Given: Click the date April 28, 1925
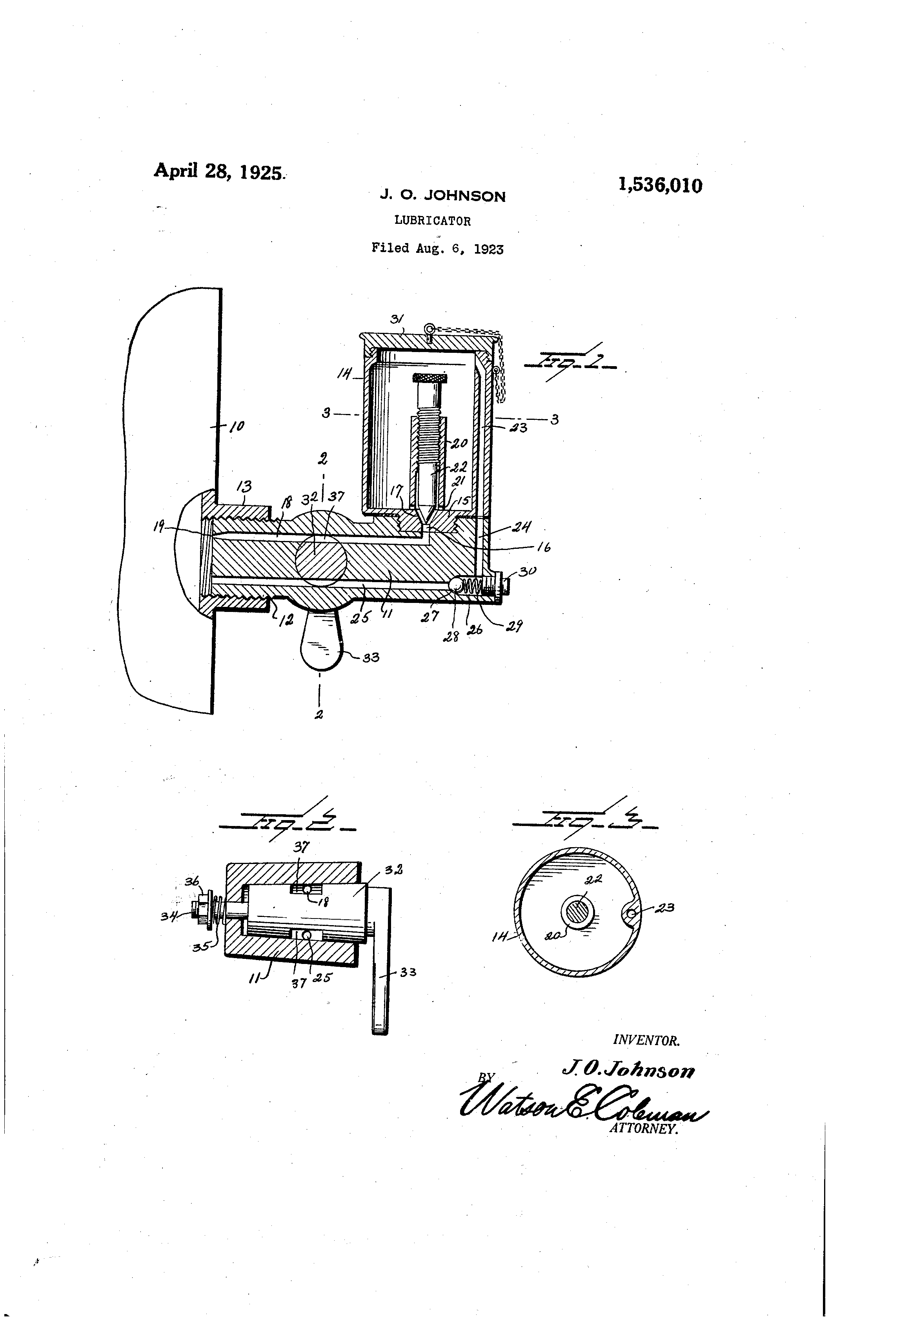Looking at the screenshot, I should pyautogui.click(x=218, y=171).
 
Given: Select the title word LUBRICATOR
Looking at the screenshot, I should pyautogui.click(x=433, y=221).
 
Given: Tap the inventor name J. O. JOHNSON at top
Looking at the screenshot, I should pyautogui.click(x=442, y=196).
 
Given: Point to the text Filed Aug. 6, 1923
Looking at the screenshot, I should pyautogui.click(x=437, y=249).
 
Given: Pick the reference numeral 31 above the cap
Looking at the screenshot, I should pyautogui.click(x=396, y=319).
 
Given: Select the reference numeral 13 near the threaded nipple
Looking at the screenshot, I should pyautogui.click(x=244, y=486).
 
